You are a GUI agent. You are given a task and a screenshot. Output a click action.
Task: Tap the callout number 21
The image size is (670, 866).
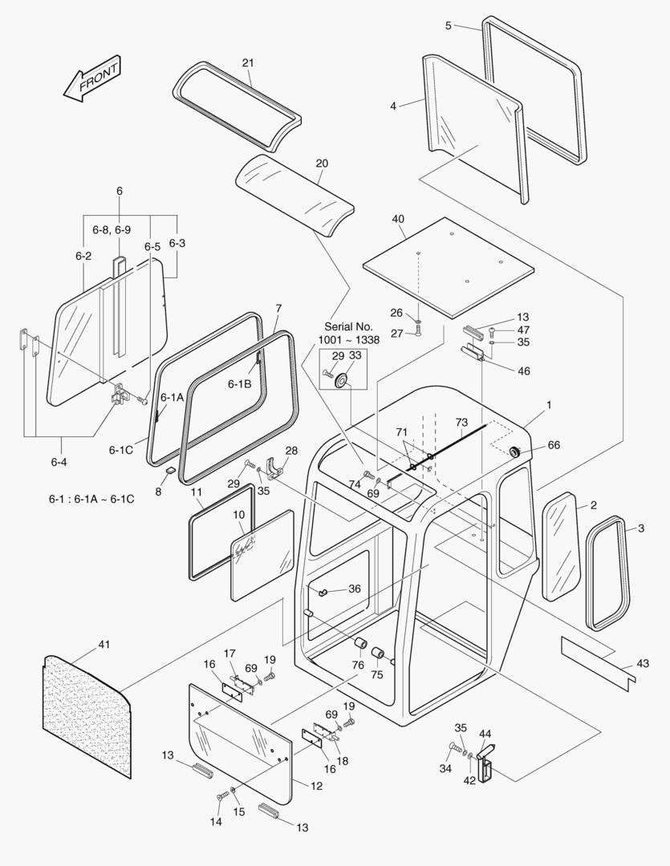click(248, 63)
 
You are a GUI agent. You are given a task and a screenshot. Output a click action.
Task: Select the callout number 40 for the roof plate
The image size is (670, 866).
click(398, 219)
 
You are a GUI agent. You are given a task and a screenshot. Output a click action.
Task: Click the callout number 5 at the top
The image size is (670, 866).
click(449, 25)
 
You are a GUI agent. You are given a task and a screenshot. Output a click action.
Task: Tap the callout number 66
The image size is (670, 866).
click(554, 445)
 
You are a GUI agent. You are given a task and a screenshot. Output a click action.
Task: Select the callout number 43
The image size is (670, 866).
click(642, 663)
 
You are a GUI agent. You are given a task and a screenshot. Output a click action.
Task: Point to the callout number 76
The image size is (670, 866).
click(358, 664)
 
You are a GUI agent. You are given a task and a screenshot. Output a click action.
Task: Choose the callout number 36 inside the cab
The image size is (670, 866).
click(354, 589)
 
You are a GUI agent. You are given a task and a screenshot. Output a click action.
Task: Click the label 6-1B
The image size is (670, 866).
click(240, 384)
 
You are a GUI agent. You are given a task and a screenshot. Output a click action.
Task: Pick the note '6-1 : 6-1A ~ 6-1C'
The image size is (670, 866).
click(91, 499)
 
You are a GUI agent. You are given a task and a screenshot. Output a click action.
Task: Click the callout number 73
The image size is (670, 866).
click(461, 422)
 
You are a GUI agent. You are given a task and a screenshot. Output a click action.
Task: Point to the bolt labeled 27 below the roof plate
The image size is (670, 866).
click(418, 332)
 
